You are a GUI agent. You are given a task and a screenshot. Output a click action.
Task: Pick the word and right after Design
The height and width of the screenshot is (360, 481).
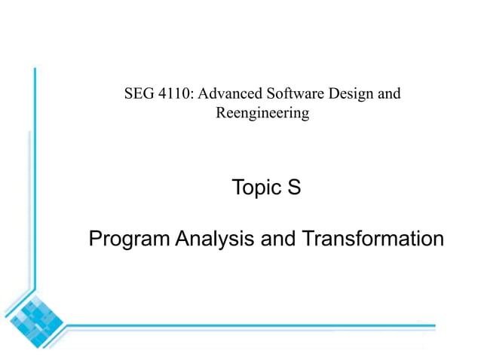coord(388,94)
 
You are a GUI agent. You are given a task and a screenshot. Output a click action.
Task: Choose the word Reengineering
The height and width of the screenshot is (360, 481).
coord(262,114)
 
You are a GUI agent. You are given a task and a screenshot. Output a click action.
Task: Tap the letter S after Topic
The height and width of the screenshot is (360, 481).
coord(294,188)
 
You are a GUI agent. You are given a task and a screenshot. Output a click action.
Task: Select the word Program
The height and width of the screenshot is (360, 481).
coord(130,239)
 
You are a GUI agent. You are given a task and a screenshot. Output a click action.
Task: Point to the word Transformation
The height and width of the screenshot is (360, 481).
coord(372,239)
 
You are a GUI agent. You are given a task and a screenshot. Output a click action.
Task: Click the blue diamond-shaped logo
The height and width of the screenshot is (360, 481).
coord(33,316)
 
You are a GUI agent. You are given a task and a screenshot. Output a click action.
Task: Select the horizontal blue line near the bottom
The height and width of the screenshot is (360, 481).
coord(249,326)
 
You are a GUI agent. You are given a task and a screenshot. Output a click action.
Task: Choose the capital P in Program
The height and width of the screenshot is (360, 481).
coord(95,239)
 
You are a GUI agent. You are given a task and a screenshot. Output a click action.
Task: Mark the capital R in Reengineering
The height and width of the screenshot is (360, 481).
coord(220,114)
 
